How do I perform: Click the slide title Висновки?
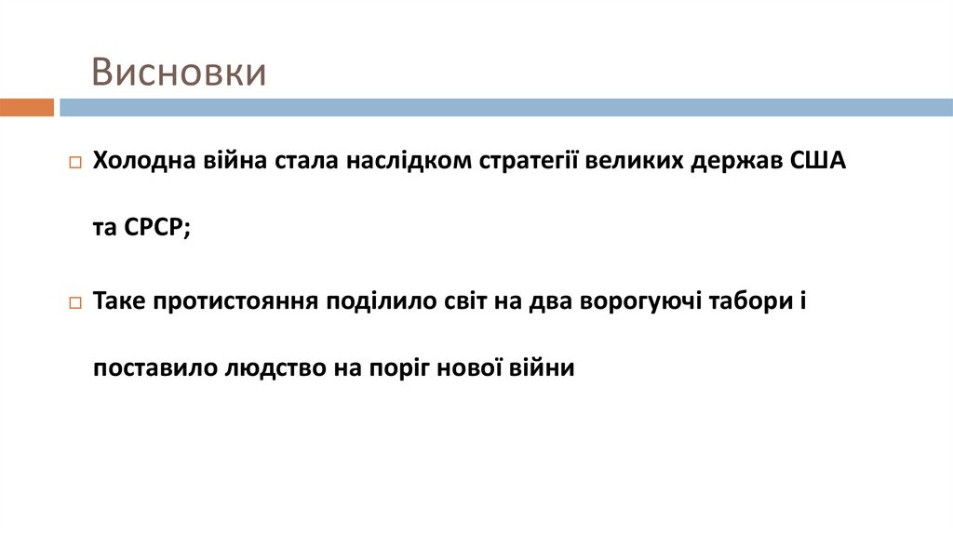[178, 73]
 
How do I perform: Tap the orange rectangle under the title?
[27, 107]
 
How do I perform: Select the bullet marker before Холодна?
[75, 162]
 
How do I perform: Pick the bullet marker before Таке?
[75, 303]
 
